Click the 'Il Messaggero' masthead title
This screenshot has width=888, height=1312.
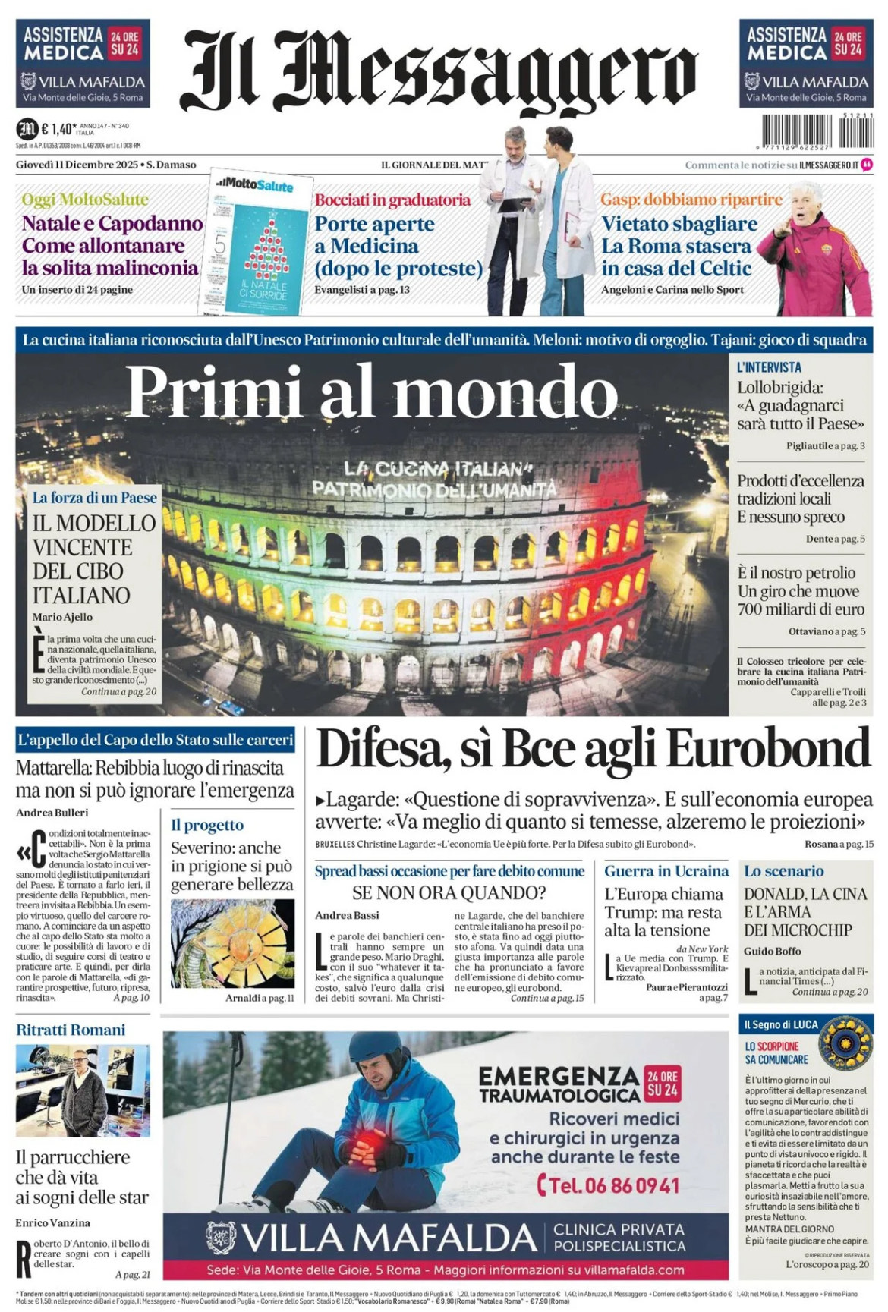tap(439, 72)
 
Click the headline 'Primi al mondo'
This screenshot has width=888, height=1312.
tap(372, 392)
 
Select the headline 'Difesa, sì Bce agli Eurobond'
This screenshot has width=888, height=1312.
tap(593, 749)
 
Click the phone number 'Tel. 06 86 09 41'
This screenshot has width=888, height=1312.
tap(608, 1185)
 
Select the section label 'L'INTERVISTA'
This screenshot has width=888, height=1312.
tap(769, 367)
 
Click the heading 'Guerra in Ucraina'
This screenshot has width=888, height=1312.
tap(666, 871)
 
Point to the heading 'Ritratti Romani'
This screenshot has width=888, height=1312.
tap(71, 1030)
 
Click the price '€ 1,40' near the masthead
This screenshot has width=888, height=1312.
tap(58, 129)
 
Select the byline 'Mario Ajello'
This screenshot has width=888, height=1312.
tap(62, 617)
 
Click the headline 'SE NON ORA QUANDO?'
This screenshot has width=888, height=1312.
tap(449, 893)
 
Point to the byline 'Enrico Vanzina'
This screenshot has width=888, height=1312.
tap(52, 1222)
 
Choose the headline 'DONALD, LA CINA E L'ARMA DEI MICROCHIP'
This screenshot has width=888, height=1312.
tap(805, 911)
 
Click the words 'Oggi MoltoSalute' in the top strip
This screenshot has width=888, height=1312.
tap(85, 200)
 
